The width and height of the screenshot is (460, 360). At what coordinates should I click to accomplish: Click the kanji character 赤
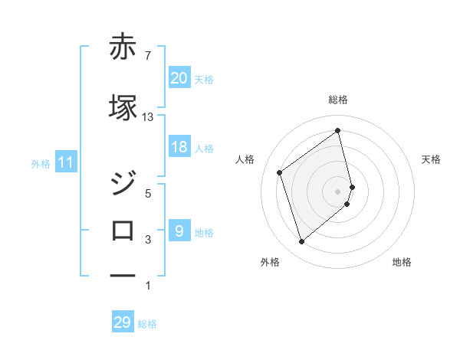coord(123,47)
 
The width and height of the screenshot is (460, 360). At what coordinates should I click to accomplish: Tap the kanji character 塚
coord(123,107)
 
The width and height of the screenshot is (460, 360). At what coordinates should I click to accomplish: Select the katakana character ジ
coord(123,184)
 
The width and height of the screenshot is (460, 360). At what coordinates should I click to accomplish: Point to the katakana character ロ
coord(123,230)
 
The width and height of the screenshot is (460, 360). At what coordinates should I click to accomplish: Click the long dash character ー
coord(123,274)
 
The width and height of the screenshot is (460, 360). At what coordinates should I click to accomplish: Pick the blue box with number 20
coord(179,77)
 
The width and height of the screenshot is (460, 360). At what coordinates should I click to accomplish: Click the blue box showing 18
coord(179,147)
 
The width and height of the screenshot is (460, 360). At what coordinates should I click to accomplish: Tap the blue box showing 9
coord(179,231)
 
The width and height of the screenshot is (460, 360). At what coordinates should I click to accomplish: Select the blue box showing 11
coord(66,162)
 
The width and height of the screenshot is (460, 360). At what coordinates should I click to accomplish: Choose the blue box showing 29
coord(123,322)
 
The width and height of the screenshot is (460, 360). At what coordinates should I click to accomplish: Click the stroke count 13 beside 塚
coord(148,116)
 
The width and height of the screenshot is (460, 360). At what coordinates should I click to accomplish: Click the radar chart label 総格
coord(338,100)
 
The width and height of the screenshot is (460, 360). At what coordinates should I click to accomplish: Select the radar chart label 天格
coord(431,159)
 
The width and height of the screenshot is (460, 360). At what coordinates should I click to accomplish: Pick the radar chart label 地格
coord(402,262)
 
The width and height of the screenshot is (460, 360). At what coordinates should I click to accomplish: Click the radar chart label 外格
coord(270,262)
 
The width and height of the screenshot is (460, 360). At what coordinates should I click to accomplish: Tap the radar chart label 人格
coord(245,159)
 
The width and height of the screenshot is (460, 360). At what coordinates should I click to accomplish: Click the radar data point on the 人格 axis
coord(280,172)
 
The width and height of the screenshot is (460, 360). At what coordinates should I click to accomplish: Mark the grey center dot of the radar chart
coord(338,191)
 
